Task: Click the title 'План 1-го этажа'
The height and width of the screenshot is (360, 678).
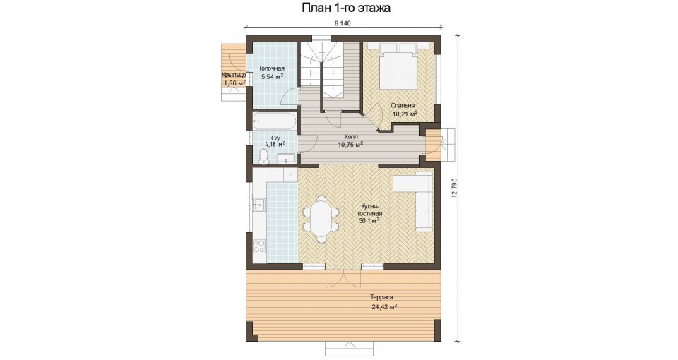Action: [345, 8]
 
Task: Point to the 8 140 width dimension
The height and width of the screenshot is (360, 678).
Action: [342, 23]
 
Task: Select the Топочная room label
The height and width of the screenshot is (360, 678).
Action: [271, 68]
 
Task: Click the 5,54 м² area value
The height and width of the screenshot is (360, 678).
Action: [272, 77]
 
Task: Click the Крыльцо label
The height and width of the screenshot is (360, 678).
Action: [234, 76]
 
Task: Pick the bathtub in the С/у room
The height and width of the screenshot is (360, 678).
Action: [274, 121]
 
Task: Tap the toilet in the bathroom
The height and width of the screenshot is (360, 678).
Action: [263, 157]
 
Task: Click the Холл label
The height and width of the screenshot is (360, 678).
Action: [350, 136]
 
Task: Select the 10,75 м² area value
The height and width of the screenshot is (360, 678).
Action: [350, 144]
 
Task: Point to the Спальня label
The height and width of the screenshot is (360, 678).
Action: [403, 105]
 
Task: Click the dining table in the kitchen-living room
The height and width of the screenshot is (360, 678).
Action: [321, 219]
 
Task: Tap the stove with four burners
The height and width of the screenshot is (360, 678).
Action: [259, 246]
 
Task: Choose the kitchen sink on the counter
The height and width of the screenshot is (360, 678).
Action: [259, 205]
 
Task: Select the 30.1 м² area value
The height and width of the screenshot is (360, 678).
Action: [369, 221]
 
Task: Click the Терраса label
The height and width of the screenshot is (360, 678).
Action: [381, 298]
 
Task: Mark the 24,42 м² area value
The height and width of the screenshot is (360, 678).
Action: [384, 307]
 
